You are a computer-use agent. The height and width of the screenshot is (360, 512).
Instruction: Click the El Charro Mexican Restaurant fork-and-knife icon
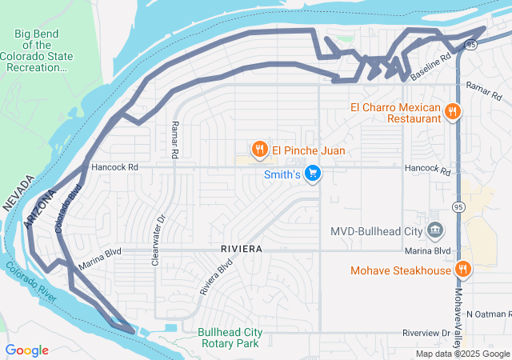453,112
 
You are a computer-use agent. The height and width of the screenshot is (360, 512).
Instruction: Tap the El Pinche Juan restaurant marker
259,150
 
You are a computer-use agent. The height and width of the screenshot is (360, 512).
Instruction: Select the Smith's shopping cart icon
313,173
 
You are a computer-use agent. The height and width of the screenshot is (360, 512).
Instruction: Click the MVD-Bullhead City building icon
435,231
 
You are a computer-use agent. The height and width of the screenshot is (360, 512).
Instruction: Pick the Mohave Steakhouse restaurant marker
462,270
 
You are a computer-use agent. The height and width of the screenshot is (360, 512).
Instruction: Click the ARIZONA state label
39,210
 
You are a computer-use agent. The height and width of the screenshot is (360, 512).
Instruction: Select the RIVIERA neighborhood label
241,250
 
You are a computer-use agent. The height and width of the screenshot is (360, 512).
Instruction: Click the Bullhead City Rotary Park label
229,338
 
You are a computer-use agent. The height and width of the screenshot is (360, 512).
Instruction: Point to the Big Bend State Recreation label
43,50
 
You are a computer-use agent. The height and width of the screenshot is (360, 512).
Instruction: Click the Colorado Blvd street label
68,210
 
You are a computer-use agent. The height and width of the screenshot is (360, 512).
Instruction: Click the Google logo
27,350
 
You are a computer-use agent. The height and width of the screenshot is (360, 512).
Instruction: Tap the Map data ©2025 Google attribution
462,354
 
